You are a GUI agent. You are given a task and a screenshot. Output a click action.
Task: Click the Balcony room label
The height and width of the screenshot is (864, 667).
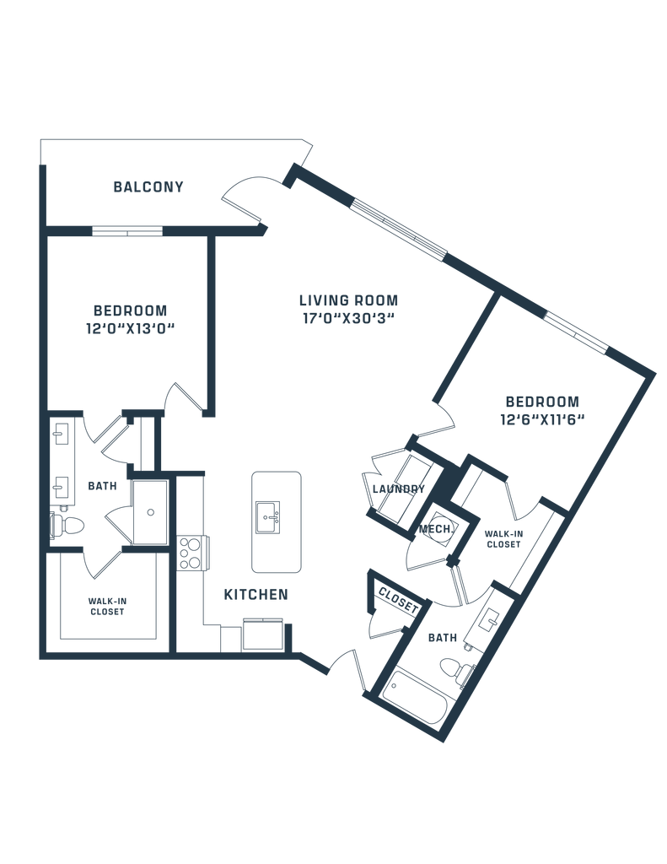click(148, 187)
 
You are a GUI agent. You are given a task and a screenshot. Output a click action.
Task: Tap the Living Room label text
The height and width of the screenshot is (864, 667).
click(348, 300)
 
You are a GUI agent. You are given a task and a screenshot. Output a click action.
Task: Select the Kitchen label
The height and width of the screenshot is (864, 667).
click(256, 595)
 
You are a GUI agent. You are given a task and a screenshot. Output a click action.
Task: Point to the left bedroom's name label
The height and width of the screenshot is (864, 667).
click(130, 309)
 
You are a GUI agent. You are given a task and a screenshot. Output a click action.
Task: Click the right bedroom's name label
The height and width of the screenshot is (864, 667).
click(542, 400)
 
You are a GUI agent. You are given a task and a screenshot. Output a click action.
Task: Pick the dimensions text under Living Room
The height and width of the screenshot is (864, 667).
click(348, 320)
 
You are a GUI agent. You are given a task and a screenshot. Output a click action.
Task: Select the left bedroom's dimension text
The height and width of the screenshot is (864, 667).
click(130, 327)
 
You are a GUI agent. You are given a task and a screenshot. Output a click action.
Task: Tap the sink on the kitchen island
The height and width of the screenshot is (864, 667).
click(266, 515)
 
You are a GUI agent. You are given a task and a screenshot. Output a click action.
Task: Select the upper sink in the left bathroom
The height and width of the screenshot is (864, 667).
click(62, 435)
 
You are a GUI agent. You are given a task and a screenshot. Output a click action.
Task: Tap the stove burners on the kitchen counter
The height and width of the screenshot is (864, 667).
click(197, 553)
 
